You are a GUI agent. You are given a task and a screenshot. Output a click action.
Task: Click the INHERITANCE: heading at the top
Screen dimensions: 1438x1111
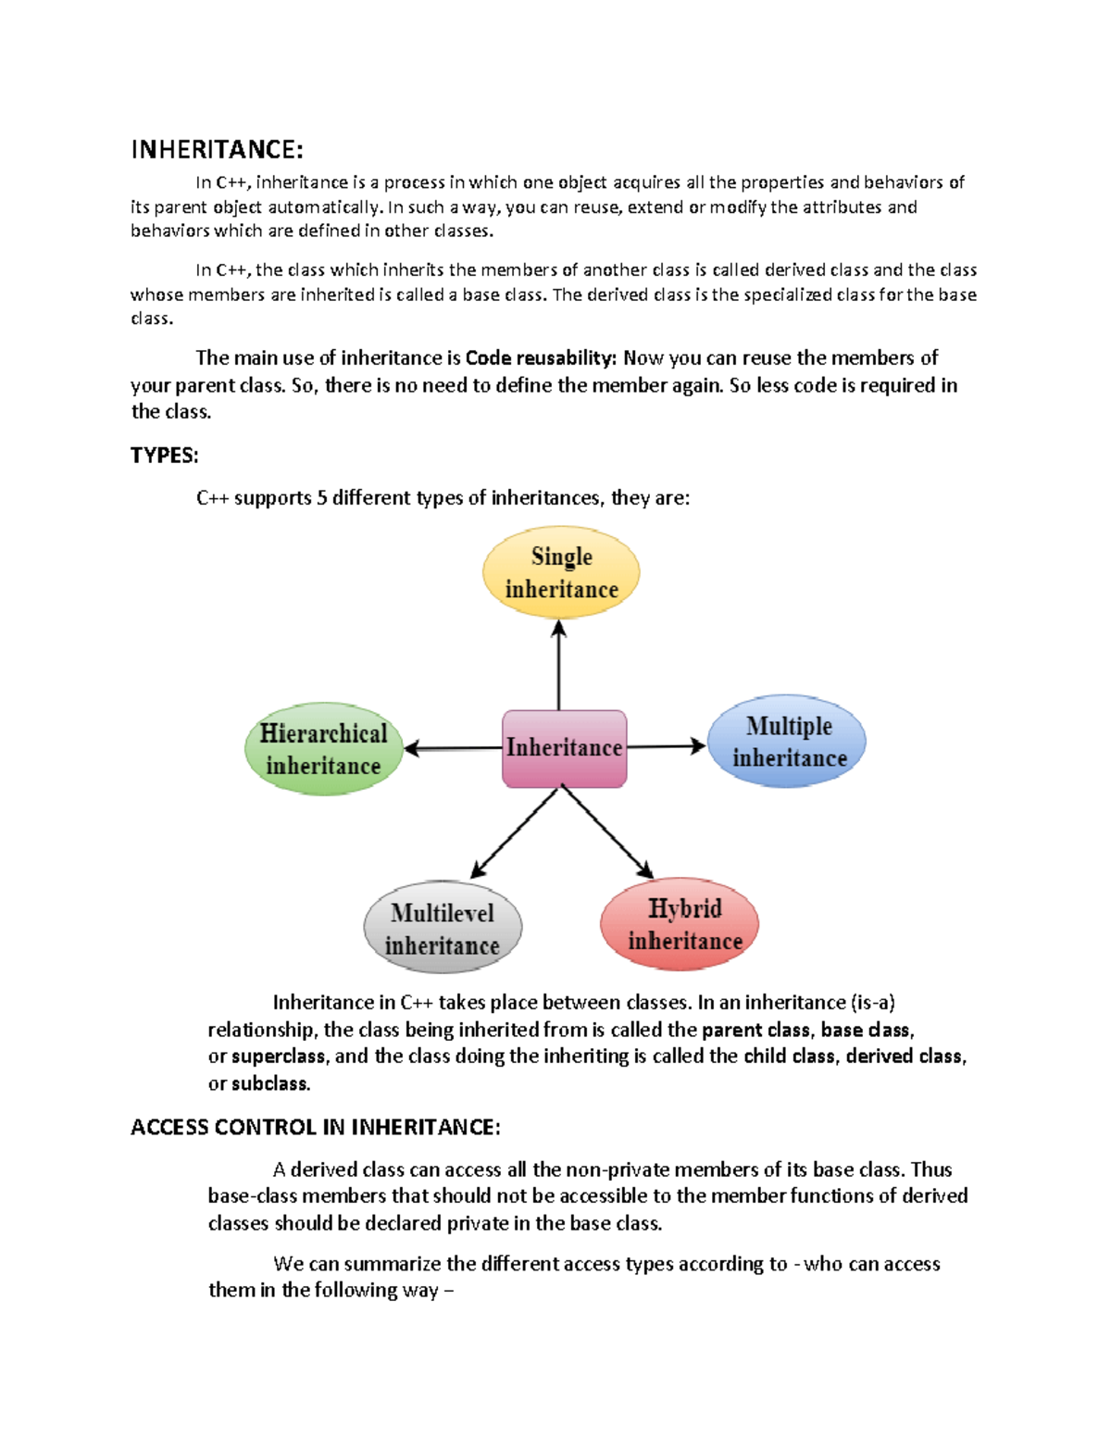(x=217, y=150)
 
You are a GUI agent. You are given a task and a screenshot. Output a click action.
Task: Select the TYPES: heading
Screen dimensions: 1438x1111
(x=165, y=456)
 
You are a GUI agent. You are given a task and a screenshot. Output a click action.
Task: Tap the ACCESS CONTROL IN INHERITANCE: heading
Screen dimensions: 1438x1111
(x=316, y=1127)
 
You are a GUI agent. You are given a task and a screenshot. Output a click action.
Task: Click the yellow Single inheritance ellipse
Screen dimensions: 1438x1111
(x=561, y=573)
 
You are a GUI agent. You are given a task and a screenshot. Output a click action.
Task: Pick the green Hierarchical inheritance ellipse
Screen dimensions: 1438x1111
(x=324, y=749)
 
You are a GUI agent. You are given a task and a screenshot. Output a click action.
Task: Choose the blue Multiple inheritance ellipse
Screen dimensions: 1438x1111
(x=787, y=742)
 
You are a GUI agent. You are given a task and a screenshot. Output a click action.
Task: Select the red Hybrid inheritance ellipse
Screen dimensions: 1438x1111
(x=680, y=924)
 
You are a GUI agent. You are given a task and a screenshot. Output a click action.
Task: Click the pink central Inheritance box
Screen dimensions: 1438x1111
(x=564, y=748)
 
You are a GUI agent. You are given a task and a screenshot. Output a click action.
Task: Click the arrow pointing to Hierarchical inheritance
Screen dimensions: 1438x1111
(x=454, y=748)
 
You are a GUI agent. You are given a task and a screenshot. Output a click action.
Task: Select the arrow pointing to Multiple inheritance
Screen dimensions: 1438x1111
(x=666, y=746)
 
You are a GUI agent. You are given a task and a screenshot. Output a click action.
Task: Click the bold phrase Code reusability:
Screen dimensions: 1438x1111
(x=541, y=358)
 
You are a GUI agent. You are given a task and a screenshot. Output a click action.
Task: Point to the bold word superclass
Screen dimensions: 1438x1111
(x=278, y=1057)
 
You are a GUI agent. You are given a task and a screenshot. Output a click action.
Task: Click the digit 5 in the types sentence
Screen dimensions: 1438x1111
(x=322, y=498)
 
